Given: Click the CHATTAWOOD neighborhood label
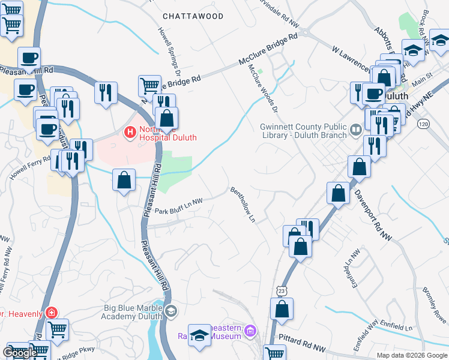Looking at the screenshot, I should tap(193, 16).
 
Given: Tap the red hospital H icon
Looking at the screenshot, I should tap(128, 131).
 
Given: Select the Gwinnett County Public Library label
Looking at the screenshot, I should tap(303, 131).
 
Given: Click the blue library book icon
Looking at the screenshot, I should tap(355, 128).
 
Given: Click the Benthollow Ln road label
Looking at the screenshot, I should tap(244, 205).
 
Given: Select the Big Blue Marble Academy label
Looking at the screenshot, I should tap(133, 313).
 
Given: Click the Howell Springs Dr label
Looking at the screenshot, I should tap(169, 42).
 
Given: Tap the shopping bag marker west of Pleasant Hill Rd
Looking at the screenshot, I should tap(124, 180).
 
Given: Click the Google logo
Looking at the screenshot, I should tap(20, 353).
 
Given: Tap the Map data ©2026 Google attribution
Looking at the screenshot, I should tap(411, 355).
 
